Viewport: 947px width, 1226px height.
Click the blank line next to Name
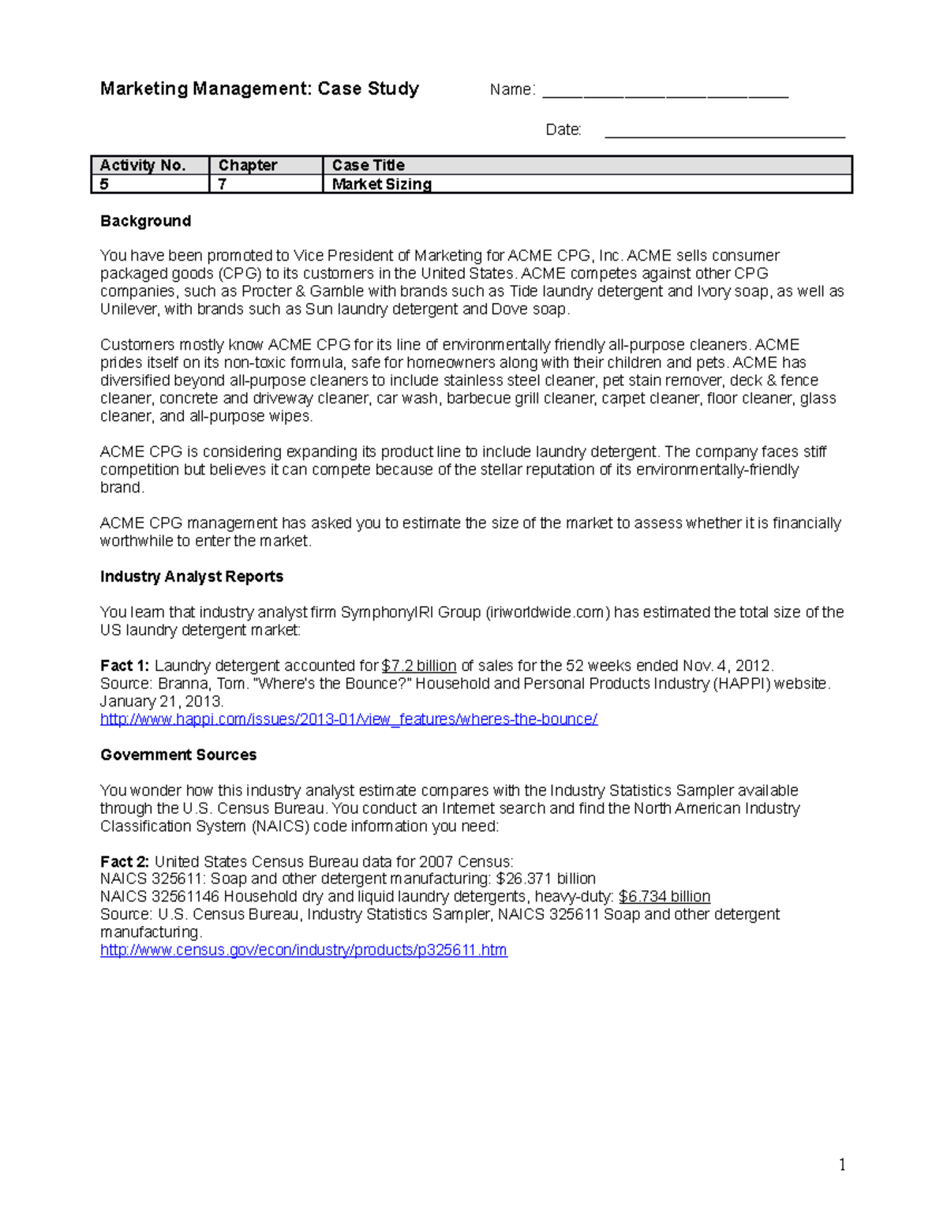tap(665, 94)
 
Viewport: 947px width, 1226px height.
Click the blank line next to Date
tap(724, 134)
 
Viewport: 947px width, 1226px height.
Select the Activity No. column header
tap(143, 165)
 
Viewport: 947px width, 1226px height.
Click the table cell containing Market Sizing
tap(381, 184)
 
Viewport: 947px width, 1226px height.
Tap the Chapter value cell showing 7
tap(223, 184)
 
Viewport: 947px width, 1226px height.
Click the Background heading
tap(145, 221)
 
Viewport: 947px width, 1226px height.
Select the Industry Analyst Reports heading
tap(192, 576)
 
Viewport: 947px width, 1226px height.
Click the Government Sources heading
tap(178, 755)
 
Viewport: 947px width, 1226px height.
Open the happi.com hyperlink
tap(349, 719)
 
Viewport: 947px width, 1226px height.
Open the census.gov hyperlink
tap(304, 950)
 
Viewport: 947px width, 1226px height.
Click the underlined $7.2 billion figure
tap(418, 665)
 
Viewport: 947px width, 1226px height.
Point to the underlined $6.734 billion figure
tap(664, 896)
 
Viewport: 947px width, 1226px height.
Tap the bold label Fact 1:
tap(125, 665)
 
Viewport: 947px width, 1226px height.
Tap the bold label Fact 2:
tap(125, 861)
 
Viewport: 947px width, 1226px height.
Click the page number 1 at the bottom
tap(842, 1165)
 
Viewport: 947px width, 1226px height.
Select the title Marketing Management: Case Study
tap(260, 88)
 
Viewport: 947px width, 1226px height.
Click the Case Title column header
tap(369, 165)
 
